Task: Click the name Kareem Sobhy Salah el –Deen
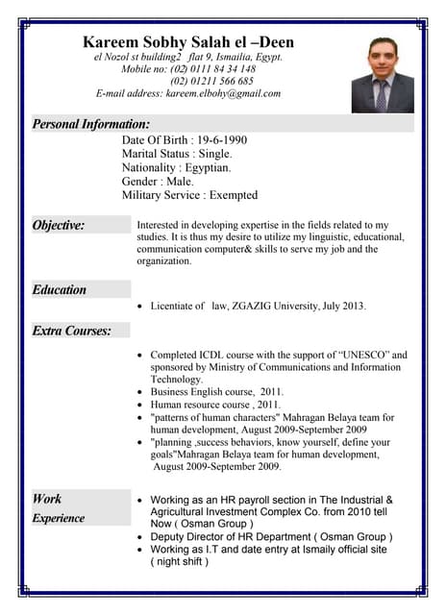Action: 188,42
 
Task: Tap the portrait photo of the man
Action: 382,75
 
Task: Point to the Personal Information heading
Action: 91,124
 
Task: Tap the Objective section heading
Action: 59,226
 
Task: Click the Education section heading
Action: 60,289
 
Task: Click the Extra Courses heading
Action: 71,331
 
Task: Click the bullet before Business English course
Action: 141,392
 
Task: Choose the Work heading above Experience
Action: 47,499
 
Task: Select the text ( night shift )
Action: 179,561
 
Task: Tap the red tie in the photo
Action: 382,93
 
